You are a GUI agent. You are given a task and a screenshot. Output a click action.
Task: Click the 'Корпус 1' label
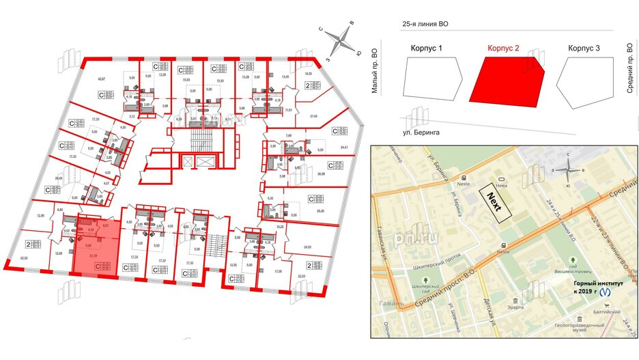(x=427, y=49)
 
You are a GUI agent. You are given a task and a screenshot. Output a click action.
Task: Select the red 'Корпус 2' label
(x=504, y=49)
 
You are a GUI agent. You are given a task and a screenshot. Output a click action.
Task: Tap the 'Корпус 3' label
(x=584, y=49)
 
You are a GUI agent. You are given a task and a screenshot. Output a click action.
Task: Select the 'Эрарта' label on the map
(x=514, y=307)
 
